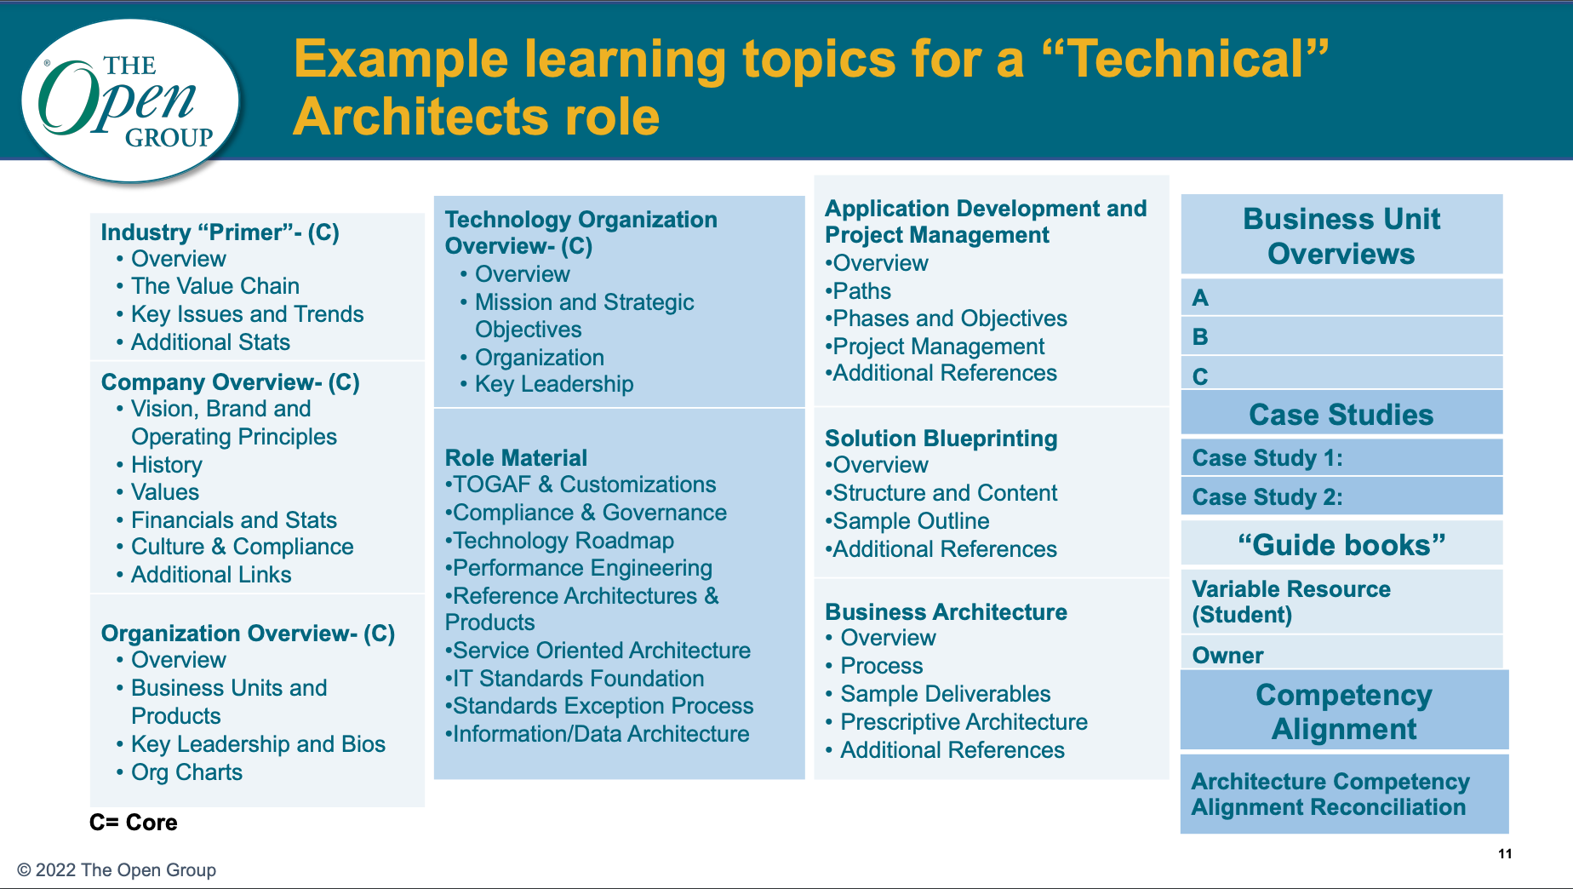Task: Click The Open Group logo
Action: coord(130,101)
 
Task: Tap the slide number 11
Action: coord(1505,854)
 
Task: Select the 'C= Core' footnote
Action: coord(134,823)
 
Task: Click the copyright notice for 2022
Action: coord(117,870)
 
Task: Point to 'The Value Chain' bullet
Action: coord(215,286)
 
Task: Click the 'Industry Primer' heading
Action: coord(220,232)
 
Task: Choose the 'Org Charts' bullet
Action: coord(186,772)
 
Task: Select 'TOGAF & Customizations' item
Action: coord(581,485)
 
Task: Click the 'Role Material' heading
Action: coord(516,458)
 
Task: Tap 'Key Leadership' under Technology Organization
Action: coord(554,384)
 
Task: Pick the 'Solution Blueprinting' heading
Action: coord(941,439)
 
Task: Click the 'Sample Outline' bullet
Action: coord(907,521)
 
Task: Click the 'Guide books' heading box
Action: coord(1341,543)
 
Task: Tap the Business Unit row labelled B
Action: coord(1341,336)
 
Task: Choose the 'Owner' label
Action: coord(1227,656)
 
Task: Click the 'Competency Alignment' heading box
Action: coord(1344,710)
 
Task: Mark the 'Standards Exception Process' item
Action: coord(599,706)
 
